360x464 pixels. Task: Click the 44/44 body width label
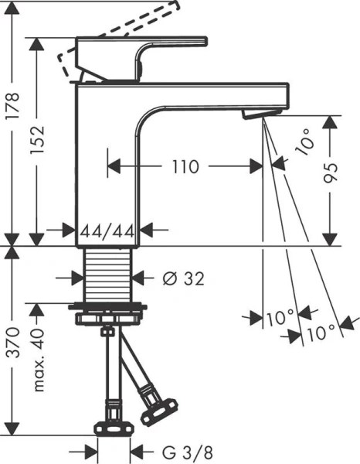[110, 230]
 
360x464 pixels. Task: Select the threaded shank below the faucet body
[110, 277]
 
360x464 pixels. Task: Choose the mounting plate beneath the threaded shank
[110, 315]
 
